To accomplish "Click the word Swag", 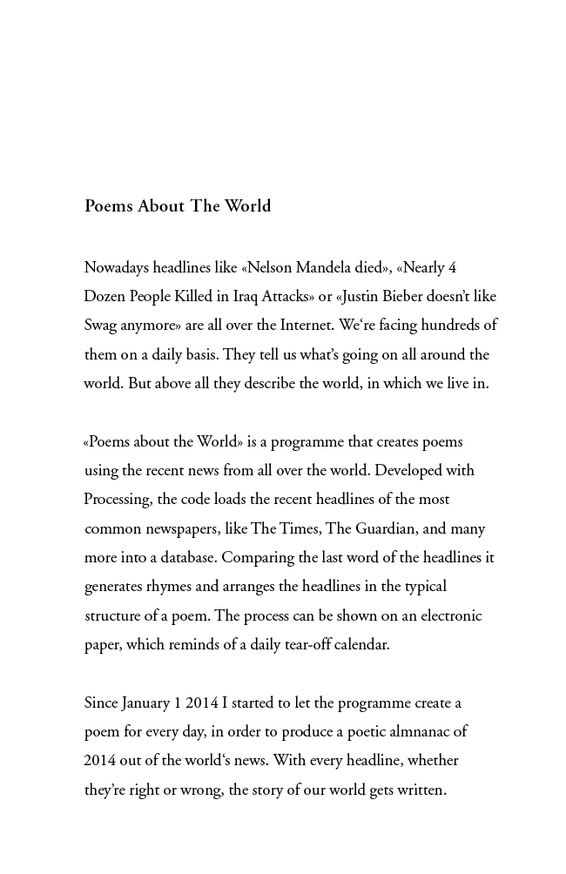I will (x=100, y=326).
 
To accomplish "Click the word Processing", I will (x=118, y=500).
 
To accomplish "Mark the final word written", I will (x=419, y=790).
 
